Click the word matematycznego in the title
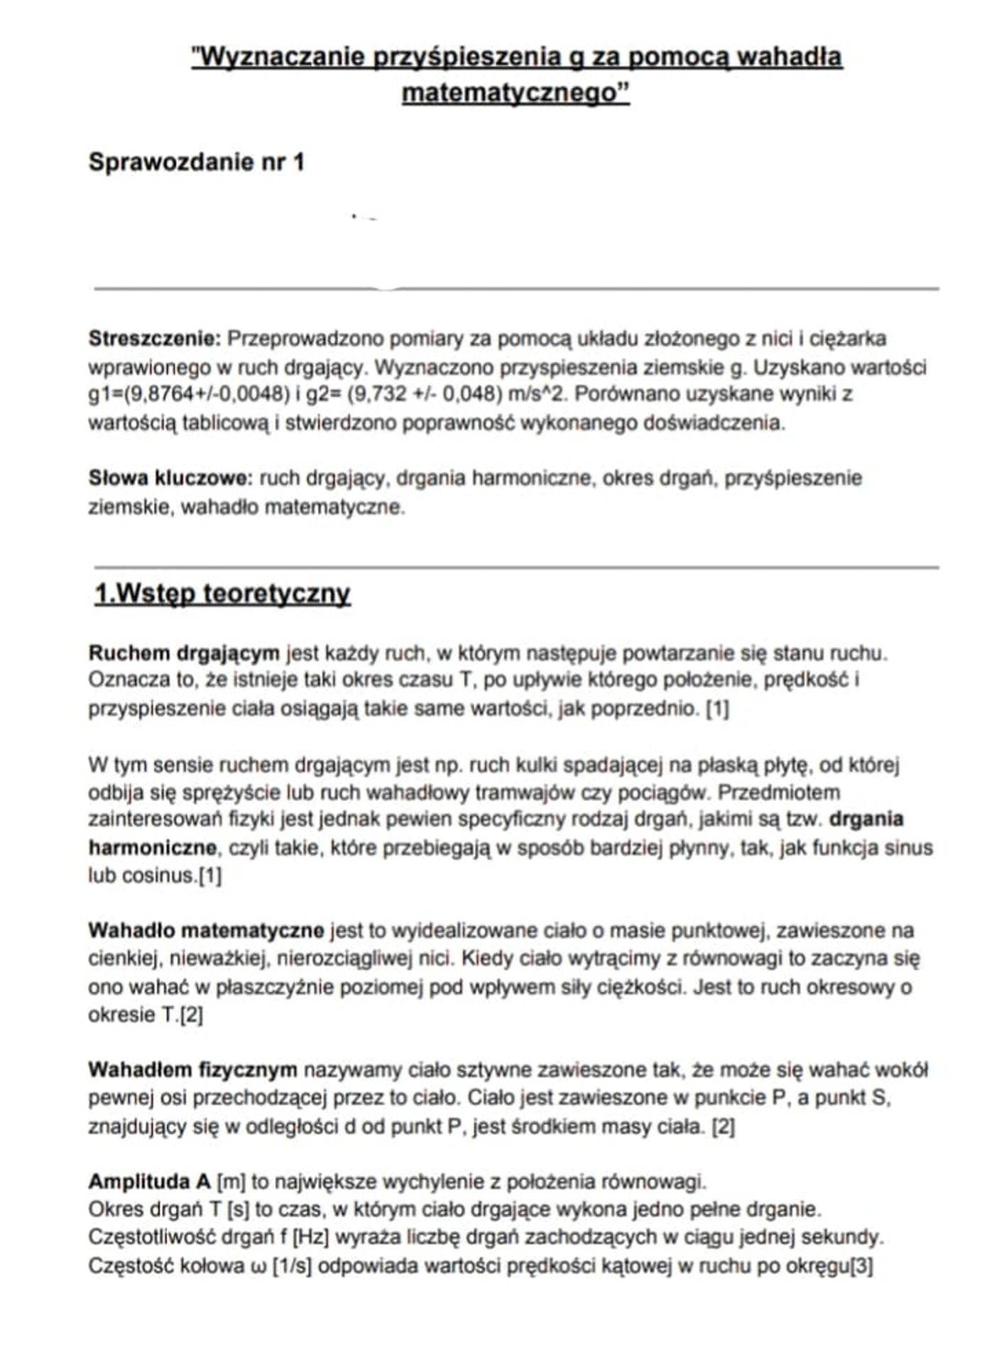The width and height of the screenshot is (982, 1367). tap(515, 92)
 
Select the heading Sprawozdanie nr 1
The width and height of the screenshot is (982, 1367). tap(196, 162)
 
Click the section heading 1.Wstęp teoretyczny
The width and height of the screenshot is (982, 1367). tap(222, 593)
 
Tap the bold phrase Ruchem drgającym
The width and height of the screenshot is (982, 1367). tap(184, 653)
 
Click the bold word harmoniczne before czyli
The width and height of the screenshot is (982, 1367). tap(152, 848)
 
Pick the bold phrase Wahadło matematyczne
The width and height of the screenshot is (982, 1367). tap(206, 930)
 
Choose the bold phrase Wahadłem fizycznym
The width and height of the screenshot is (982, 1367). tap(192, 1069)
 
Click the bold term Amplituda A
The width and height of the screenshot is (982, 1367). tap(149, 1182)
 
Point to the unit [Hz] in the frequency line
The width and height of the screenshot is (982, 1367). tap(311, 1237)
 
